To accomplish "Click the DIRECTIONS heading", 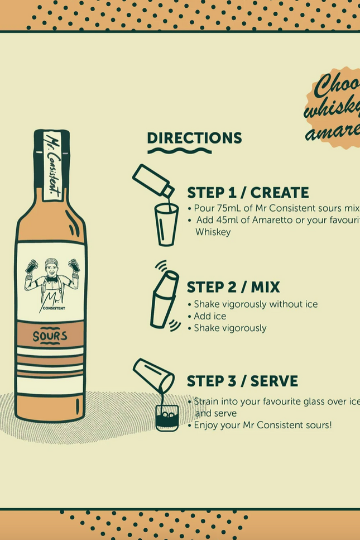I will click(x=194, y=138).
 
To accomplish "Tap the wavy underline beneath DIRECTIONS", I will click(x=179, y=151).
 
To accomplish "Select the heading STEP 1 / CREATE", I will click(x=247, y=193).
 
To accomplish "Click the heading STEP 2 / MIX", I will click(x=233, y=287).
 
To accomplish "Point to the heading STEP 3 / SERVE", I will click(x=242, y=381).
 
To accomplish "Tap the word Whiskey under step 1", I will click(x=213, y=232).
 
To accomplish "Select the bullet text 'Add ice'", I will click(x=210, y=316).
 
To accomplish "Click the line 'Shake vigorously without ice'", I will click(x=256, y=304).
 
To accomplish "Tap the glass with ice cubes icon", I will click(x=167, y=417).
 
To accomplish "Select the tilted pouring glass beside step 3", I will click(x=152, y=374).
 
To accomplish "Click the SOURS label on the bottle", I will click(x=50, y=336).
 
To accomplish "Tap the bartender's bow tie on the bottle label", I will click(x=51, y=279).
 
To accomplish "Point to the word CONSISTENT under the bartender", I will click(x=54, y=308).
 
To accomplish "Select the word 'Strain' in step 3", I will click(x=207, y=402).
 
